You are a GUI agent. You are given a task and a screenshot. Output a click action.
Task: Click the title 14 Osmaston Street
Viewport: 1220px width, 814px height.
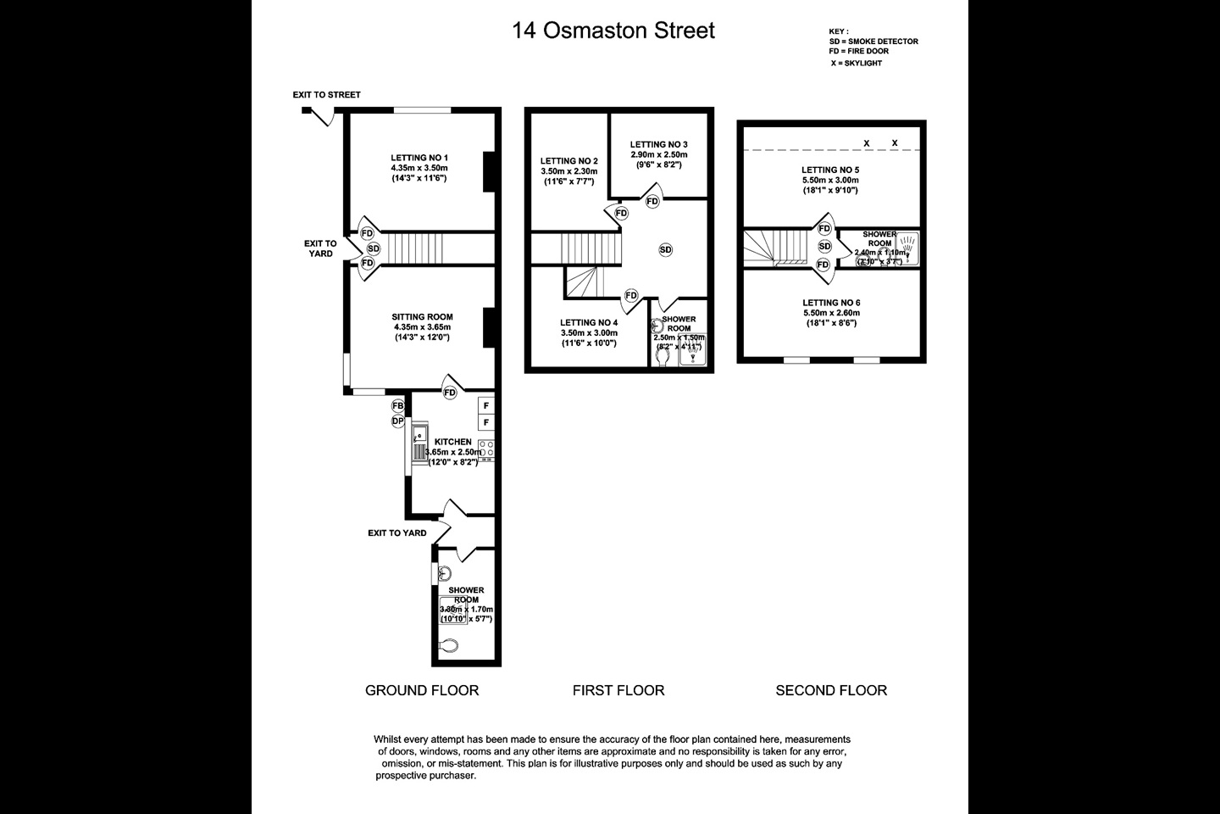(x=613, y=31)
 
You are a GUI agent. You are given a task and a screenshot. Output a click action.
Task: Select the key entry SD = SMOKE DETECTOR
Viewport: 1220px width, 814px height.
(x=873, y=42)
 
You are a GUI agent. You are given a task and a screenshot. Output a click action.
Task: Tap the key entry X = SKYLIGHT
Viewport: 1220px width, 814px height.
(x=856, y=63)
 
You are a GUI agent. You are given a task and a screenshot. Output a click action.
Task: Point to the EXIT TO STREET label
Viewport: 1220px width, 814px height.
(x=326, y=95)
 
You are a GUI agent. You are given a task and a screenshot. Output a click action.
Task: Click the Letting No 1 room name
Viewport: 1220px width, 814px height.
(x=419, y=158)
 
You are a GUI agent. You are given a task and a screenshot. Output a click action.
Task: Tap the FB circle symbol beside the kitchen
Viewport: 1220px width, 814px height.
(x=398, y=406)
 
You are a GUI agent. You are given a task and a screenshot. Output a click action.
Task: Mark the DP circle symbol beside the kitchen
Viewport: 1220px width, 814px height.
(x=398, y=421)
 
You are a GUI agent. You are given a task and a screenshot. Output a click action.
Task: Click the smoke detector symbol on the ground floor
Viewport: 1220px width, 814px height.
(x=374, y=248)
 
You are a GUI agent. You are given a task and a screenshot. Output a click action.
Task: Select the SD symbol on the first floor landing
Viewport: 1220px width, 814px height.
(x=666, y=249)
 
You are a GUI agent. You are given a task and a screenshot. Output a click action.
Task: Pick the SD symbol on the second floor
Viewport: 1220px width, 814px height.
(x=824, y=247)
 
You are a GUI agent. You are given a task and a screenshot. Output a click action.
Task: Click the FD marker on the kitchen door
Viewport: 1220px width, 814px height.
(x=449, y=393)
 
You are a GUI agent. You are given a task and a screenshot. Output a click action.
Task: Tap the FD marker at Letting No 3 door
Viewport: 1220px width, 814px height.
(x=652, y=202)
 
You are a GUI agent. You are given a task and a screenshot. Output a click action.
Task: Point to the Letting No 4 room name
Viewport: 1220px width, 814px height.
(x=589, y=323)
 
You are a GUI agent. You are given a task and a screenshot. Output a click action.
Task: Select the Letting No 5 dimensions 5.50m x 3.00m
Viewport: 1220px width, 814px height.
(x=830, y=180)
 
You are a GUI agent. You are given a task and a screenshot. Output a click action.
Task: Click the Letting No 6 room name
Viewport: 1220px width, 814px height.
(x=831, y=303)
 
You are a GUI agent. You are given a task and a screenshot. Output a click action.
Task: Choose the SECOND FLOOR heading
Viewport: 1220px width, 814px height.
(x=831, y=690)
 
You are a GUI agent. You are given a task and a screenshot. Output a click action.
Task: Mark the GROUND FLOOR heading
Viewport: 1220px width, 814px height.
(x=422, y=690)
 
